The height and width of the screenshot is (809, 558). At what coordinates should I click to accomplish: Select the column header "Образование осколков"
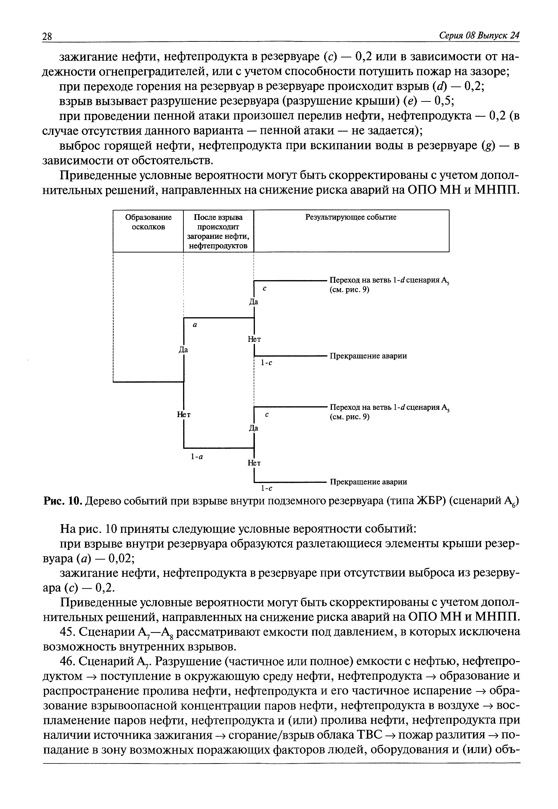click(148, 222)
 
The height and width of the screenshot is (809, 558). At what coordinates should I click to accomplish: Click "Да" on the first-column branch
click(183, 350)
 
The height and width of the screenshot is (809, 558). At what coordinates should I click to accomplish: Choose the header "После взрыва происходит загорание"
click(219, 231)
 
